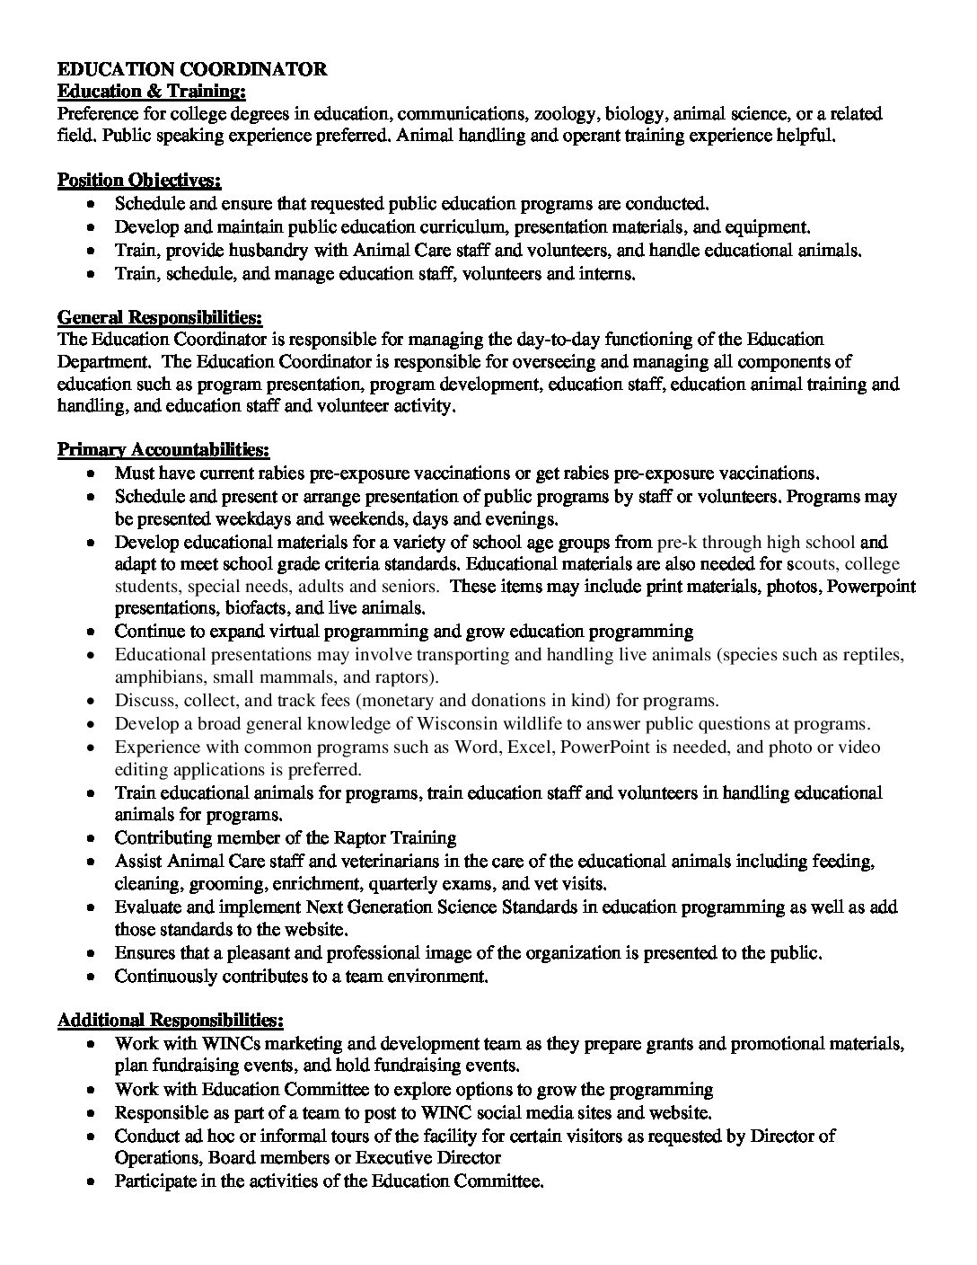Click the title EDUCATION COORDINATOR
(x=192, y=69)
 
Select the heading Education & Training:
(x=151, y=91)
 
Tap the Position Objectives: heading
(x=139, y=181)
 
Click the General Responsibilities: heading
(x=160, y=317)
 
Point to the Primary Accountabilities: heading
(x=163, y=449)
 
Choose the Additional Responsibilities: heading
(x=171, y=1021)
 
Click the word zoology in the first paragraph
(x=565, y=114)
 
